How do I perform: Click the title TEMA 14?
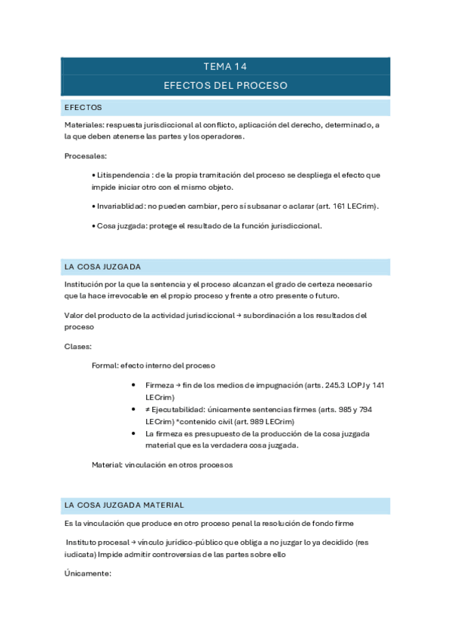(225, 67)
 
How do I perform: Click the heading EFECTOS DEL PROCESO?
(225, 86)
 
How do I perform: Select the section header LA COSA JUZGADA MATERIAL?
(124, 505)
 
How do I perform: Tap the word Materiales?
(84, 124)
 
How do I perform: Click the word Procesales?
(85, 157)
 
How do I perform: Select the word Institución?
(86, 284)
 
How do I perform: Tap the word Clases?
(78, 347)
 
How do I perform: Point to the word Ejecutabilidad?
(178, 409)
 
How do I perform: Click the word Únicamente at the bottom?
(88, 573)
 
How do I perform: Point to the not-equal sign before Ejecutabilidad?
(148, 409)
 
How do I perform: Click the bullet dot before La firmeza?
(133, 434)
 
